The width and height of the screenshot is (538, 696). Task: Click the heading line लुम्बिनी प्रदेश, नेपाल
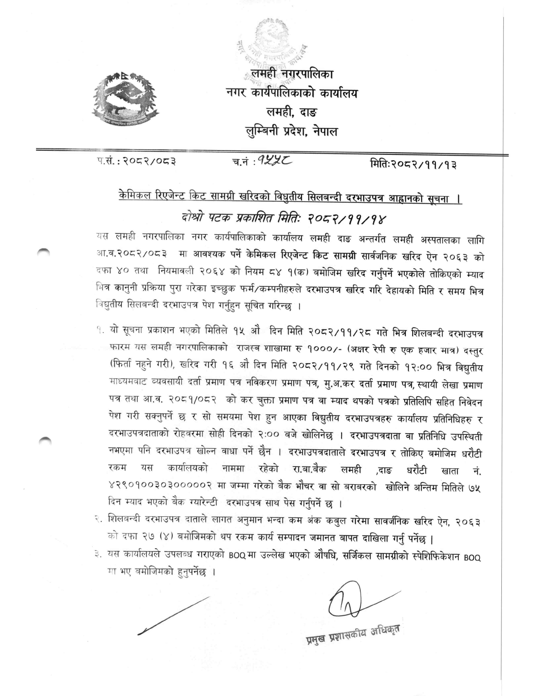pos(292,132)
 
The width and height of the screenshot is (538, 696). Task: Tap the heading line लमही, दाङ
pos(292,112)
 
